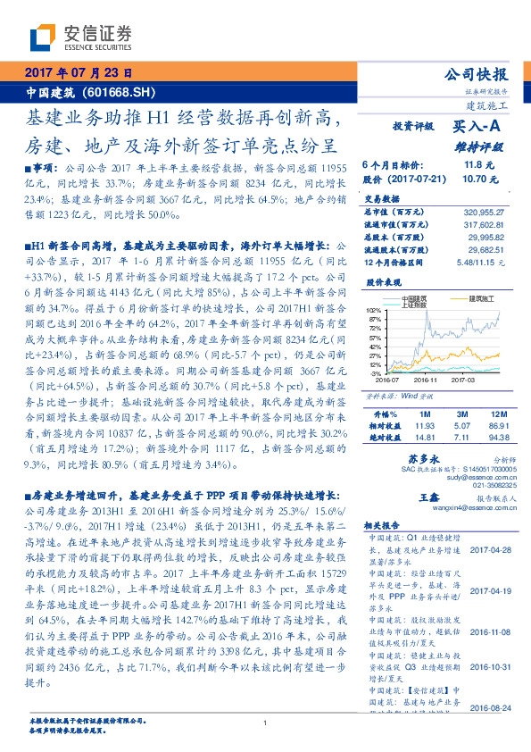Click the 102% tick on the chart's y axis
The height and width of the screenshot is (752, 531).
[x=372, y=309]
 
